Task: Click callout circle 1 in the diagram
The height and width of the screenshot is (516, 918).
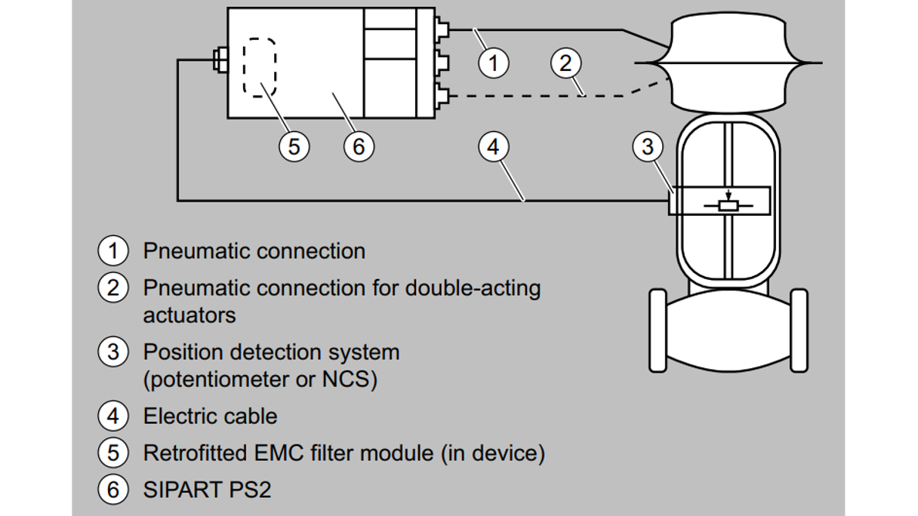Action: tap(493, 62)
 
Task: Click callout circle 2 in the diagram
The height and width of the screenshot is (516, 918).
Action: tap(566, 62)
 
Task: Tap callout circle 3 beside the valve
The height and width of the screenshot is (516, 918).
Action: tap(647, 146)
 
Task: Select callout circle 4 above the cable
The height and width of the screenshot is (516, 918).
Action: tap(493, 146)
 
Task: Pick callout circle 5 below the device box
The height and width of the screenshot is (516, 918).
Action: tap(294, 146)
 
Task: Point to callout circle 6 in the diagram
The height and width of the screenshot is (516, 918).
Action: tap(359, 146)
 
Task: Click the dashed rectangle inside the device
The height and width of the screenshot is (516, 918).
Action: tap(260, 67)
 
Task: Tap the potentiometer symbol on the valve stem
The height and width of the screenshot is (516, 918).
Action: tap(727, 204)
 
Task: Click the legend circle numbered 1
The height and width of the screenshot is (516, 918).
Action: tap(113, 250)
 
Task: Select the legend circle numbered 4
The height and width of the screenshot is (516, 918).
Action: tap(113, 416)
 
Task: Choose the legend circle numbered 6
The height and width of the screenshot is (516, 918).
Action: tap(113, 490)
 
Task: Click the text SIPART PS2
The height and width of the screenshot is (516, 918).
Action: tap(207, 490)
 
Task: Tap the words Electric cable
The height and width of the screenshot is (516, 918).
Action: tap(210, 416)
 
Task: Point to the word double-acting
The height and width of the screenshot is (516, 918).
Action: tap(473, 288)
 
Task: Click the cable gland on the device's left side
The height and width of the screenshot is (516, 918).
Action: tap(220, 60)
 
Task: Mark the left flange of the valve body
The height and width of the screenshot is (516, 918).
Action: tap(658, 330)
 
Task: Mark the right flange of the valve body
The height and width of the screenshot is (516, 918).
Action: tap(798, 330)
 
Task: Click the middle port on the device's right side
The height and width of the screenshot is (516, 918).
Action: tap(442, 62)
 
